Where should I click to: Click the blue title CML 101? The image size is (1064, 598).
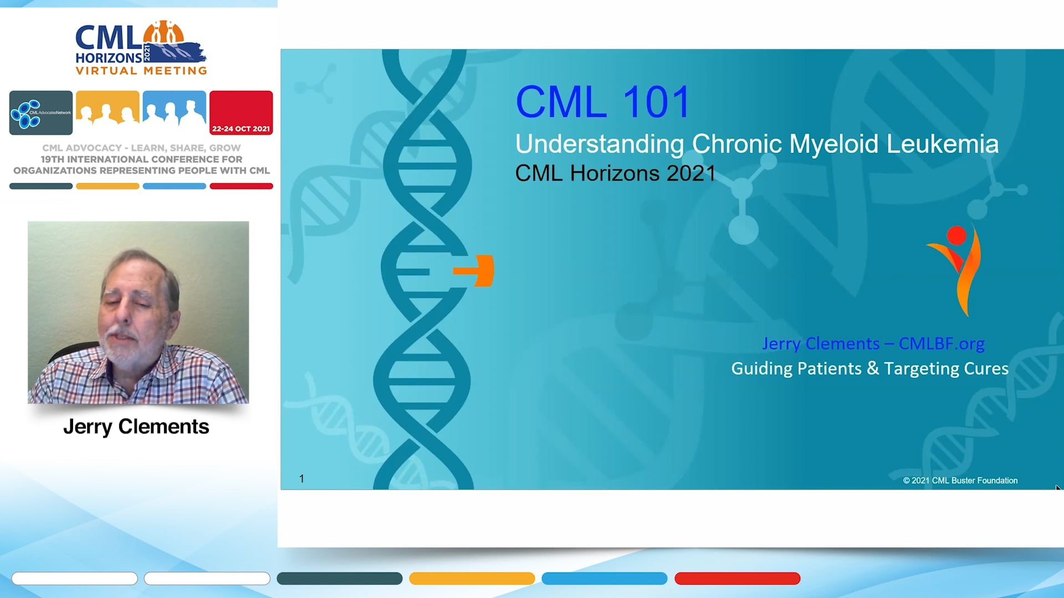click(602, 102)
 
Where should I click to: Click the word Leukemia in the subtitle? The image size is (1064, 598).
click(942, 144)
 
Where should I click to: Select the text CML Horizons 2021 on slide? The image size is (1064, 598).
click(615, 173)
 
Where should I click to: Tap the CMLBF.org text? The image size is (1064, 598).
click(941, 343)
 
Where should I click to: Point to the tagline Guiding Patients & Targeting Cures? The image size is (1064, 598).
click(869, 369)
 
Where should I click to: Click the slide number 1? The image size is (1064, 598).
click(301, 478)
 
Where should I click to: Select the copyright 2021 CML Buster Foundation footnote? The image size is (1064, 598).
click(960, 481)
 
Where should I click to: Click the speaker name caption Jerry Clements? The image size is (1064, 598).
click(136, 427)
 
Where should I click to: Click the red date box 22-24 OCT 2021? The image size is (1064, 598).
click(241, 113)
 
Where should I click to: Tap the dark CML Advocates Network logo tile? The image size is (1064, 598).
click(41, 113)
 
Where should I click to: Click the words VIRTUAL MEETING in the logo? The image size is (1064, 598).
click(141, 71)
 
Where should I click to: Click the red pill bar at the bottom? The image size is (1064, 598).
click(737, 579)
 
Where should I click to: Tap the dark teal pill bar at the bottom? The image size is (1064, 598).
click(339, 579)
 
